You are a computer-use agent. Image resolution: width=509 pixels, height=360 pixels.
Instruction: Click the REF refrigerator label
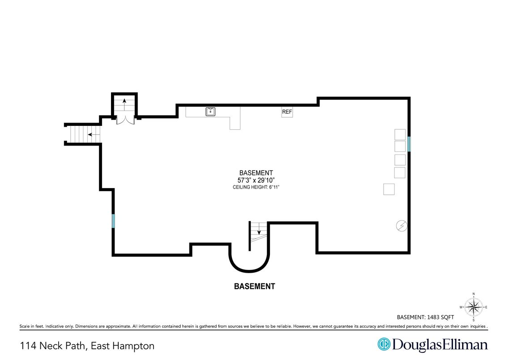click(287, 112)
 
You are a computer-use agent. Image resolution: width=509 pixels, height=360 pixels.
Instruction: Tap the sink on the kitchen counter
click(210, 111)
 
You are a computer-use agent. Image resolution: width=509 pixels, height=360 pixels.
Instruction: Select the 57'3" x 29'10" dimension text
click(256, 180)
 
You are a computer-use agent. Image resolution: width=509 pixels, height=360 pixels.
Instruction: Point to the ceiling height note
click(256, 187)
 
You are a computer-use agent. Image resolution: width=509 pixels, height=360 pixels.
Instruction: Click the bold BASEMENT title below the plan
click(254, 286)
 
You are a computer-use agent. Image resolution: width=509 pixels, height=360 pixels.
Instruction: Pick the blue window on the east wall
click(409, 144)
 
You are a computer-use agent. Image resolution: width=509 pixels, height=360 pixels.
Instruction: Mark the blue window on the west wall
click(113, 221)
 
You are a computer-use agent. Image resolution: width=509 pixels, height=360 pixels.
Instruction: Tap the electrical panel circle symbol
click(402, 226)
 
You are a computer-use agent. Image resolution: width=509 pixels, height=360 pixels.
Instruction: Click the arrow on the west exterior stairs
click(94, 134)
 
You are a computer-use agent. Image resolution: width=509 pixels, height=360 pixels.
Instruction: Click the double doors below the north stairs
click(125, 120)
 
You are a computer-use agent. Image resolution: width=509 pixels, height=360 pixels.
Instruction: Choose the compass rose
click(473, 307)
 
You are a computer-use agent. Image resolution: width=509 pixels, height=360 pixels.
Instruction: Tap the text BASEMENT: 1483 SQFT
click(425, 317)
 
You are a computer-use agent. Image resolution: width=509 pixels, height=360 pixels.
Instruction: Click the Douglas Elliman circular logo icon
click(384, 344)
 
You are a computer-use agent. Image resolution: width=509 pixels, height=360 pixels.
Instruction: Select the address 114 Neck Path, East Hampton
click(87, 346)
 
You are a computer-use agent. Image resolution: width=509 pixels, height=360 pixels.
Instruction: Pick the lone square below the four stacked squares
click(389, 189)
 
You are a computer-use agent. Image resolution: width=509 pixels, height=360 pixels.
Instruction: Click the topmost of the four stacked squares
click(400, 134)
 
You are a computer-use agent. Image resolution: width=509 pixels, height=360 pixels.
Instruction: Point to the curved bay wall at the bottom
click(249, 270)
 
